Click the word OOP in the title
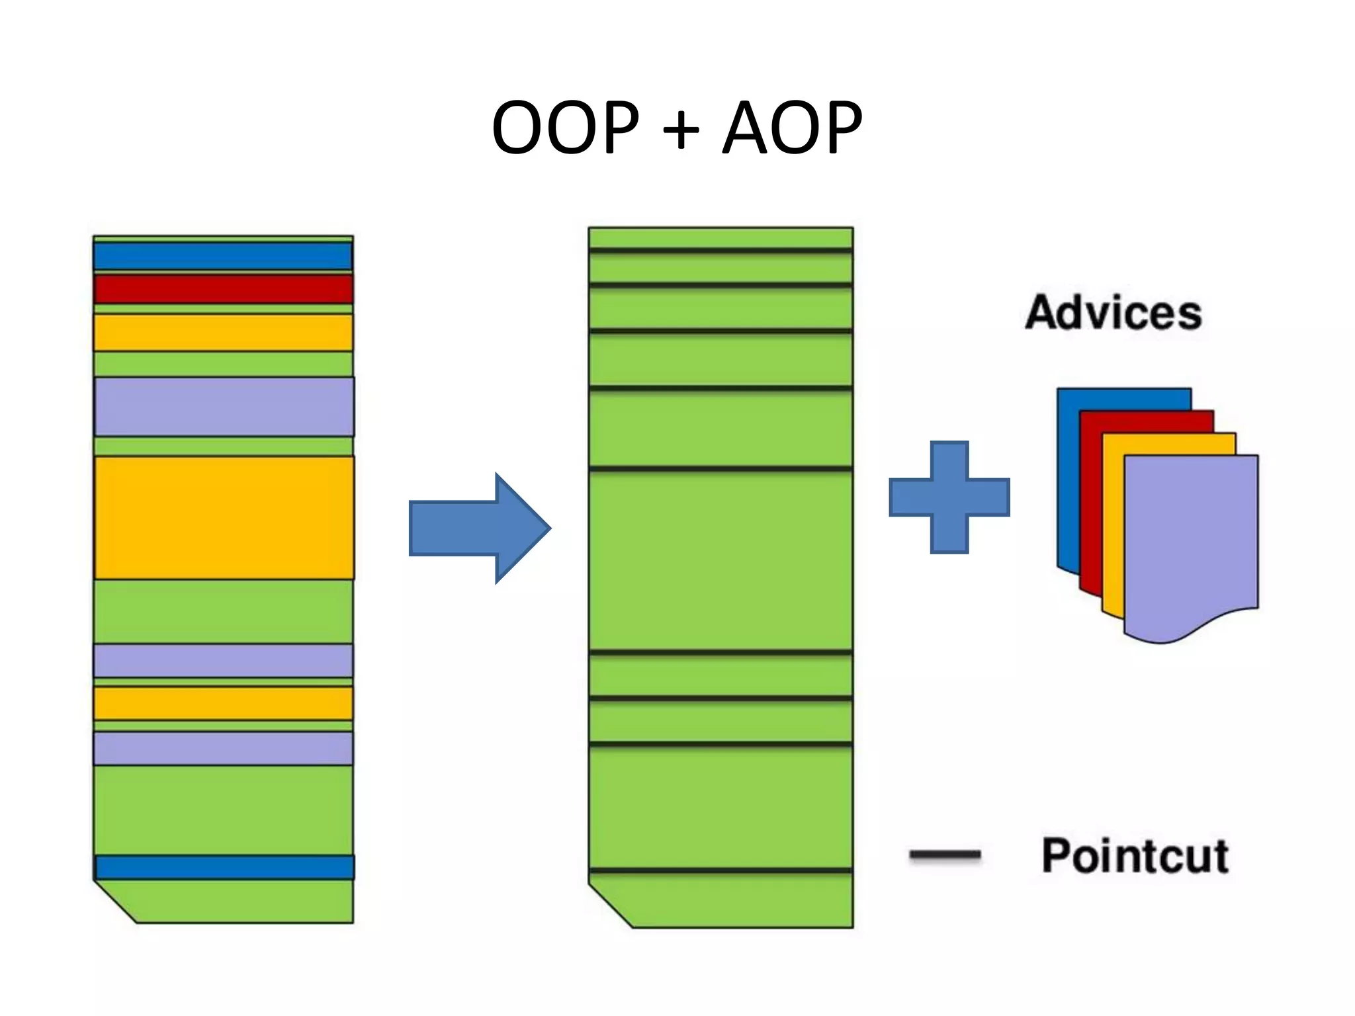pos(565,127)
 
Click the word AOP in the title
pos(792,127)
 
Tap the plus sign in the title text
pos(680,130)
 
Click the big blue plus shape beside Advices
pos(949,497)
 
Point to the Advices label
pos(1114,312)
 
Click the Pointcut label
pos(1135,856)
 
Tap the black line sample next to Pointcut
pos(945,855)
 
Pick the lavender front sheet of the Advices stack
pos(1191,542)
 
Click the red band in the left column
pos(223,290)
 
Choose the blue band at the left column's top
pos(223,257)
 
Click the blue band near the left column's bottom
pos(224,867)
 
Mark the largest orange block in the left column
pos(224,518)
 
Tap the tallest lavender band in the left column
pos(224,407)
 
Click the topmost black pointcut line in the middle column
pos(721,251)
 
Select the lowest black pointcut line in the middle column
pos(721,870)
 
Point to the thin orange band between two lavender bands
pos(223,703)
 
